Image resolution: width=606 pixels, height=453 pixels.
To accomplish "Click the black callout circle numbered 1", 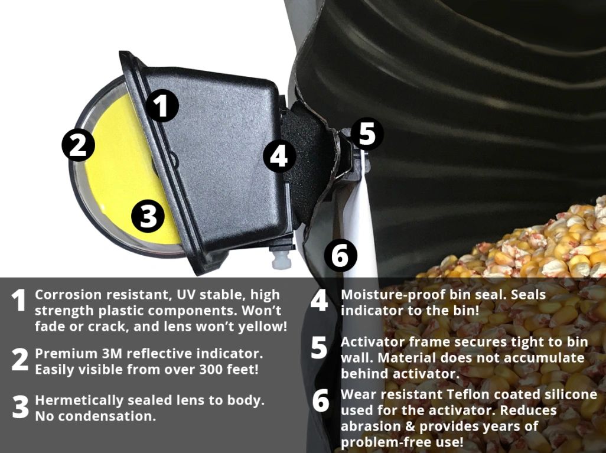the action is (x=162, y=106).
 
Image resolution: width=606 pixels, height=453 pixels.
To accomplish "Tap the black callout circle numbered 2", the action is (x=79, y=145).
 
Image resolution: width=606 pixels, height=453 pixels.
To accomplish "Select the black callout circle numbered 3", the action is (x=148, y=216).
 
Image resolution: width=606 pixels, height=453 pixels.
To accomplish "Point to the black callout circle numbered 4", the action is (x=279, y=156).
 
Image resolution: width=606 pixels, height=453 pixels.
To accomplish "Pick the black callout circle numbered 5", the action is (x=367, y=133).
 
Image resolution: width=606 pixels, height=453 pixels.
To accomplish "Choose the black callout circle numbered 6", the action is (x=340, y=255).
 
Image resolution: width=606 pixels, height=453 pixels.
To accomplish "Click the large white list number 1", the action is (x=18, y=300).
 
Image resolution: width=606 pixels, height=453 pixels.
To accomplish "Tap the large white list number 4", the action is (x=319, y=300).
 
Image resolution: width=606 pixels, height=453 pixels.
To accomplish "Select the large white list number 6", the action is (x=321, y=400).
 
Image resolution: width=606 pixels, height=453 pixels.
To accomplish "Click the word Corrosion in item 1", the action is (x=69, y=295).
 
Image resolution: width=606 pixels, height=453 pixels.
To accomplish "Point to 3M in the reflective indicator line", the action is (x=112, y=353).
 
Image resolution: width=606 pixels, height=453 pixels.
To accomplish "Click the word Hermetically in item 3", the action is (x=79, y=400).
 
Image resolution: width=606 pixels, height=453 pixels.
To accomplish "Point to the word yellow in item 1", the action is (x=261, y=327).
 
